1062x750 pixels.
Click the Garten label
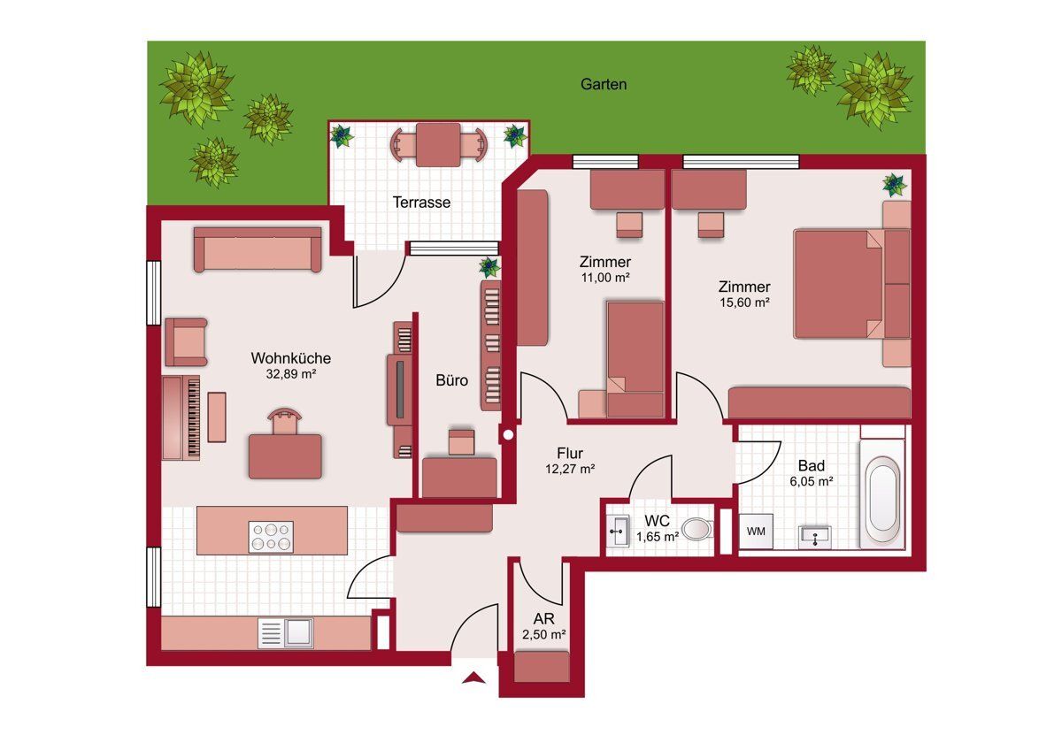tap(604, 84)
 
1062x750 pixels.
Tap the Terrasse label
tap(421, 203)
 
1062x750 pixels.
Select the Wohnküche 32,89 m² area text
tap(290, 365)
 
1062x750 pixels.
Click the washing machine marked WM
tap(756, 532)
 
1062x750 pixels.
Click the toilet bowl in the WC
tap(697, 529)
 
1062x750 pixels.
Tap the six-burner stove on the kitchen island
tap(271, 537)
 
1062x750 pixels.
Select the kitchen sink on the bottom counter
tap(285, 632)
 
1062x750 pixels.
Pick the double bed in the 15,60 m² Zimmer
tap(840, 284)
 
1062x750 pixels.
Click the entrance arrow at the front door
tap(474, 677)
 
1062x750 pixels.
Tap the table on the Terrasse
tap(438, 145)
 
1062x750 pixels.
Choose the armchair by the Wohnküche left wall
tap(187, 342)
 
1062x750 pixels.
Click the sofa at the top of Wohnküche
tap(258, 249)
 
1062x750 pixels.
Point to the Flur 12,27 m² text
tap(570, 461)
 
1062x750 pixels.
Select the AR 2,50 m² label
tap(543, 626)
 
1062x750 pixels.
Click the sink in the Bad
tap(814, 537)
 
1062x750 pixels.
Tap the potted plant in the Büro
tap(489, 268)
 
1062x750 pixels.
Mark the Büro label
tap(452, 380)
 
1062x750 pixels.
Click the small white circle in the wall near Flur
tap(508, 434)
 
